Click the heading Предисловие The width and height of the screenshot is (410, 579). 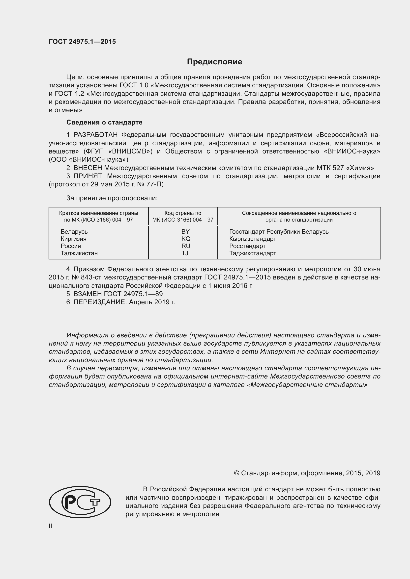coord(214,62)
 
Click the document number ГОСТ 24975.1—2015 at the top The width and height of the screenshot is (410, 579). coord(82,42)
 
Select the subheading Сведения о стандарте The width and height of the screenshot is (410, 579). coord(104,122)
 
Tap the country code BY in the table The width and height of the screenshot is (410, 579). coord(186,231)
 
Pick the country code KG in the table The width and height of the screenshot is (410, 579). coord(186,239)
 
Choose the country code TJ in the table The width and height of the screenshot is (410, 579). coord(185,253)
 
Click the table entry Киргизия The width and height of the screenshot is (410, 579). coord(73,239)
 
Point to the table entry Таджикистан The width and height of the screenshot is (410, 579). coord(79,253)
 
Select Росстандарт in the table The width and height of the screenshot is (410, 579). coord(247,246)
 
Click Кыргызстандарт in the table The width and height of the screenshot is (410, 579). coord(252,239)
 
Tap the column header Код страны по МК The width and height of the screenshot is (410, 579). coord(183,216)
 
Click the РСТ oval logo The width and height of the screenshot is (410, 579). coord(80,502)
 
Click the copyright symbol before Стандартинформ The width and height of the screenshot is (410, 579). coord(236,473)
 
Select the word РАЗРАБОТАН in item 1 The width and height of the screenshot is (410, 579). coord(96,135)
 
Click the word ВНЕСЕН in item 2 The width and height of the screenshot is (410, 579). coord(88,168)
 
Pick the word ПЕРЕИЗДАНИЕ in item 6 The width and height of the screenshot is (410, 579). coord(100,302)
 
